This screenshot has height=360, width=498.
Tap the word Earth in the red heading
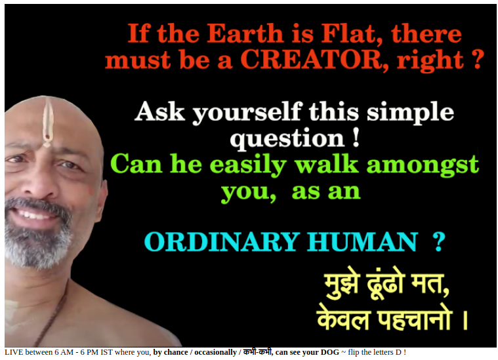pos(245,33)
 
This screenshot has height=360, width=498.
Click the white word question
pos(287,139)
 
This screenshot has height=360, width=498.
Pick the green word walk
pos(326,164)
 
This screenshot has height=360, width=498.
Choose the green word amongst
pos(423,165)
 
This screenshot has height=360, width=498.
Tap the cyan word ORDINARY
pos(222,242)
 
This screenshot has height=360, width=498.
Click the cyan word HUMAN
pos(362,242)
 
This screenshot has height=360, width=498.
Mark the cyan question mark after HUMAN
pos(438,242)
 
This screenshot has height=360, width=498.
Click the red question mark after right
pos(478,60)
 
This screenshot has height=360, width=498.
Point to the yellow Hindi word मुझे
pos(342,283)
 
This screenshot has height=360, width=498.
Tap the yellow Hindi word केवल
pos(343,318)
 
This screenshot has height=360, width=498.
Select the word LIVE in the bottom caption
pos(14,352)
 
